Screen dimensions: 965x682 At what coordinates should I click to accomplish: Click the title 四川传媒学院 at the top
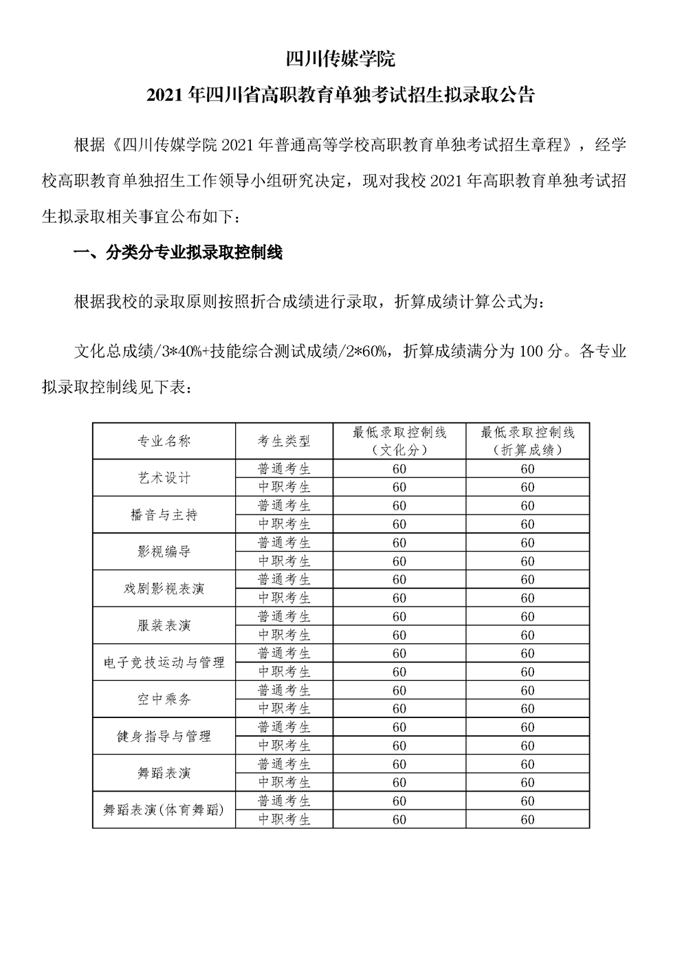[340, 59]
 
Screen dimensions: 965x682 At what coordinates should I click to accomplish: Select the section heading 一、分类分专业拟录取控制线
[177, 252]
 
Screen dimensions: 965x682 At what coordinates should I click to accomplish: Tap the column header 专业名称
[164, 441]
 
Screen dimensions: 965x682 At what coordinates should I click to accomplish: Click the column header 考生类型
[284, 441]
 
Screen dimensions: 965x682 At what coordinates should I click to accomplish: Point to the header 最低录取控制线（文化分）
[399, 441]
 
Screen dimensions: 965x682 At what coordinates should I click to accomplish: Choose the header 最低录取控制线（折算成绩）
[527, 441]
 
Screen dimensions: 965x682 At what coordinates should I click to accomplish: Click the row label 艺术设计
[164, 478]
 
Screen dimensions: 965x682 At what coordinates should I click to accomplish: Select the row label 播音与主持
[164, 514]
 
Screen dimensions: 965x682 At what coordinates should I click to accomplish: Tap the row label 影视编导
[164, 552]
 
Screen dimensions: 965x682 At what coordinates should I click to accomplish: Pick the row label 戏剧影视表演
[164, 589]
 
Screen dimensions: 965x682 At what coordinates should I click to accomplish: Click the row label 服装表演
[164, 625]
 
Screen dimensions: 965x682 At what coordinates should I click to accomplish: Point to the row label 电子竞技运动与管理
[164, 662]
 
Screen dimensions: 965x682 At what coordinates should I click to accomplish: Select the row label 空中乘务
[164, 700]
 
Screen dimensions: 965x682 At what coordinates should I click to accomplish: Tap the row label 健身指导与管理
[164, 736]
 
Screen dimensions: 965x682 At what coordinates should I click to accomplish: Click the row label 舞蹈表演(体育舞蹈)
[164, 810]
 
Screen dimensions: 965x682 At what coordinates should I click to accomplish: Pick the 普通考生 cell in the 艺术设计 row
[284, 468]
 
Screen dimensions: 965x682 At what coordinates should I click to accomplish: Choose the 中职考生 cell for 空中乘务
[284, 708]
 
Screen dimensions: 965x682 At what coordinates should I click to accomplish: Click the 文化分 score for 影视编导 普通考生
[399, 543]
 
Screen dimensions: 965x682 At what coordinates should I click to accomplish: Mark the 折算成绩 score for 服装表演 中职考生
[527, 635]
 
